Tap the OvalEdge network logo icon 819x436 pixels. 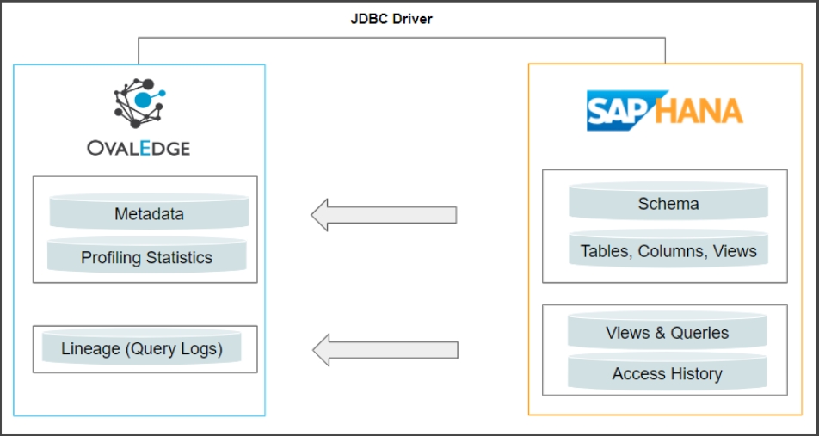tap(139, 102)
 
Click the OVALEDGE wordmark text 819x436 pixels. tap(139, 148)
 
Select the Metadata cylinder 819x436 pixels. tap(149, 213)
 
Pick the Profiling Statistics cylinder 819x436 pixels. tap(146, 257)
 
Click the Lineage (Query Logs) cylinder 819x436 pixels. tap(142, 349)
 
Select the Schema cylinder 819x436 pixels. tap(668, 204)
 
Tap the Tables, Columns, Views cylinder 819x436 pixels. tap(668, 251)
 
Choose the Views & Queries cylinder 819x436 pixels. tap(667, 333)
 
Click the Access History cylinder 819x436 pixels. tap(667, 374)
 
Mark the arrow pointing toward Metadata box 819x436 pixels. tap(384, 214)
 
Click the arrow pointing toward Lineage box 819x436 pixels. tap(384, 349)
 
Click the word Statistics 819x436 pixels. tap(178, 257)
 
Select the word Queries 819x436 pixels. tap(699, 333)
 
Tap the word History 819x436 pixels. tap(693, 374)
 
